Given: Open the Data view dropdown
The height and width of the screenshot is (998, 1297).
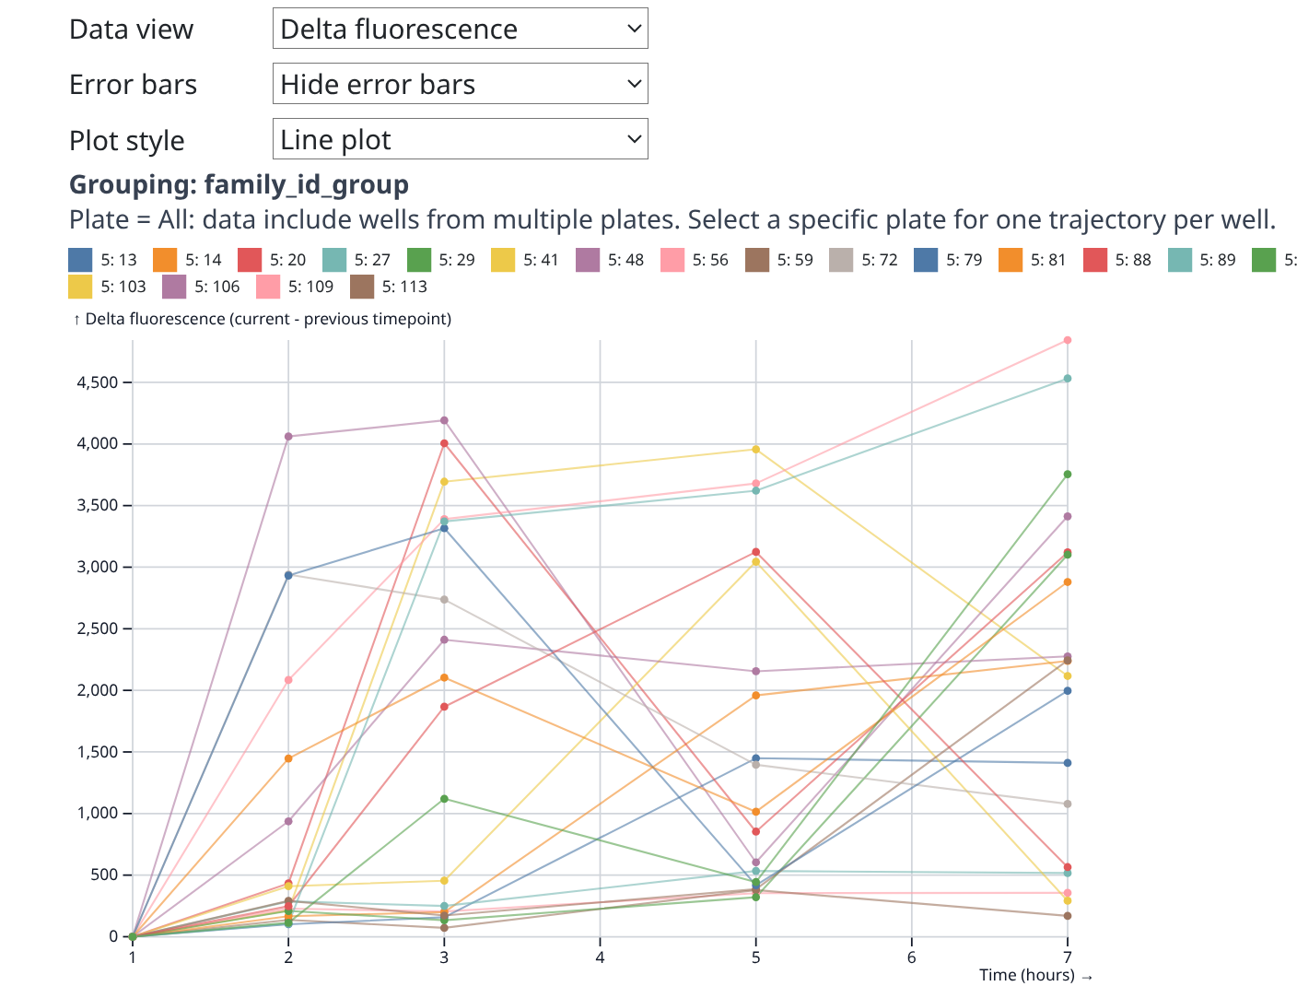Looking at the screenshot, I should [x=460, y=29].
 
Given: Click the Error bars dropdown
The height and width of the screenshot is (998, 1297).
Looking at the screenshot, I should [x=460, y=84].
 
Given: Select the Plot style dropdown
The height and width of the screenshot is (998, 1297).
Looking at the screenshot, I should [x=460, y=139].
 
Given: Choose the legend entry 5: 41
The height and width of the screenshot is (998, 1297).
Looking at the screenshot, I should [x=525, y=260].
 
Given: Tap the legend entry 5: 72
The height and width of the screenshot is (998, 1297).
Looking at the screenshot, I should [x=863, y=260].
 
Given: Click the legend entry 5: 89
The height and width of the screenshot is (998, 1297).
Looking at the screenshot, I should [x=1201, y=260].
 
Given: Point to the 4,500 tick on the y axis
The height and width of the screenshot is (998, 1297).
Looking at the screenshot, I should [x=99, y=382].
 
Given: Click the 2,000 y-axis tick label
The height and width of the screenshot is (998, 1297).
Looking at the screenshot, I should [x=99, y=690].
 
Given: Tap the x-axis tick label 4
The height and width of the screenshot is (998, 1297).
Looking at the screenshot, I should [x=600, y=957].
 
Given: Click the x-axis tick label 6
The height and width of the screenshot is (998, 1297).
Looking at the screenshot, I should [x=912, y=957].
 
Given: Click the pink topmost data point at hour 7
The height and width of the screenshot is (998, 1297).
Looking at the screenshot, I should [x=1068, y=340].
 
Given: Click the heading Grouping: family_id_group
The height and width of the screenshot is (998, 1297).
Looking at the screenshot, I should [x=239, y=184].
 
